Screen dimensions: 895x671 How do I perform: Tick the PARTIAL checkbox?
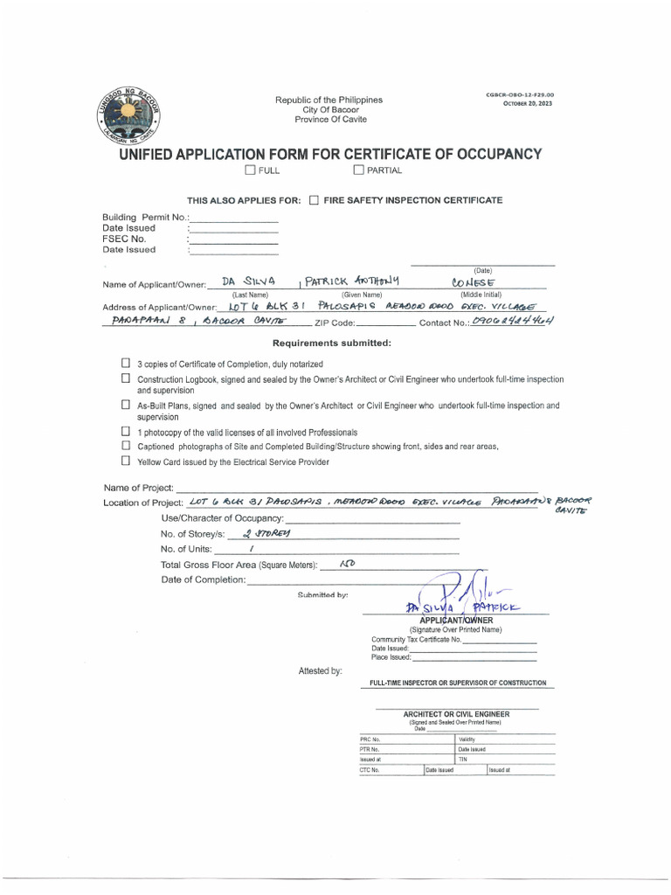click(358, 170)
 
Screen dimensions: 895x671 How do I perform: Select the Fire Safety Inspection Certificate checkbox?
click(315, 200)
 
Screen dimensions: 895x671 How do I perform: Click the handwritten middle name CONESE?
click(473, 282)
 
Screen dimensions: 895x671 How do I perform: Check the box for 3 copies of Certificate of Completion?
click(126, 363)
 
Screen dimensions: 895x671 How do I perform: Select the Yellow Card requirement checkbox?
click(126, 460)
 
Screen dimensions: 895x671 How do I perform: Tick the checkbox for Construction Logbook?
click(126, 378)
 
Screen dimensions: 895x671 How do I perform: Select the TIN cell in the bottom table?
click(505, 760)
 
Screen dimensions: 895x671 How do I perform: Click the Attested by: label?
click(320, 670)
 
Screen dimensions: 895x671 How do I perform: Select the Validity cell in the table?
click(505, 739)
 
